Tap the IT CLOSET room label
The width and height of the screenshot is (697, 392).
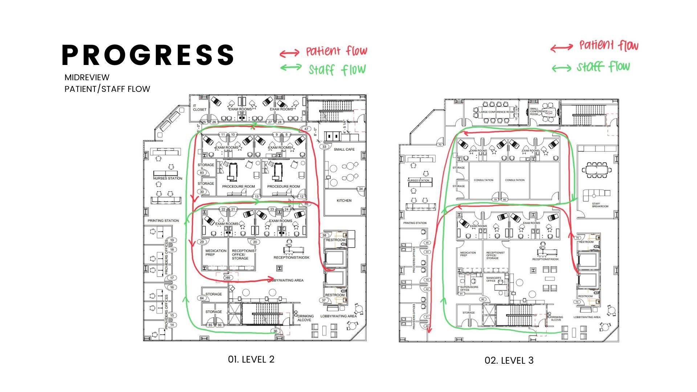199,107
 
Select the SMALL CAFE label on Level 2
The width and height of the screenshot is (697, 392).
344,150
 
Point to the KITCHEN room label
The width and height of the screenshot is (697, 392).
344,200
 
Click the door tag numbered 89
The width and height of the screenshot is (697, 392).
228,278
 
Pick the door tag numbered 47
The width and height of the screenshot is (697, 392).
306,129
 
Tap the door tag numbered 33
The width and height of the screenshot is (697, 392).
324,147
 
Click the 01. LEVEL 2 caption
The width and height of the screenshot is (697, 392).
251,359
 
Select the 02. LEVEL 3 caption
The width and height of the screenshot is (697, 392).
509,360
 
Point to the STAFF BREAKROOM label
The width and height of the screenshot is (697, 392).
600,205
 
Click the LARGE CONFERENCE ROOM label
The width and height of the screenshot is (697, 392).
496,112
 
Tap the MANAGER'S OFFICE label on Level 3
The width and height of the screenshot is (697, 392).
493,279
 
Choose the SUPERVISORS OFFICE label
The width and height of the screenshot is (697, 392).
469,288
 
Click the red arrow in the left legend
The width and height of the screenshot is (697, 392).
289,53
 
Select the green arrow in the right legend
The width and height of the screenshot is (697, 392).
561,68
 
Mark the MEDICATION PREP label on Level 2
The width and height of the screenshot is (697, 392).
216,253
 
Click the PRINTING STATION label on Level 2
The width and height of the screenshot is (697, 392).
163,221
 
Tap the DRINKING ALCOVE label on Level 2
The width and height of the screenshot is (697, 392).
305,318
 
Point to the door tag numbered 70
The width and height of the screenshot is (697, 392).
440,145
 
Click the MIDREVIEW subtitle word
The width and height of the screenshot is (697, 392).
87,77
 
